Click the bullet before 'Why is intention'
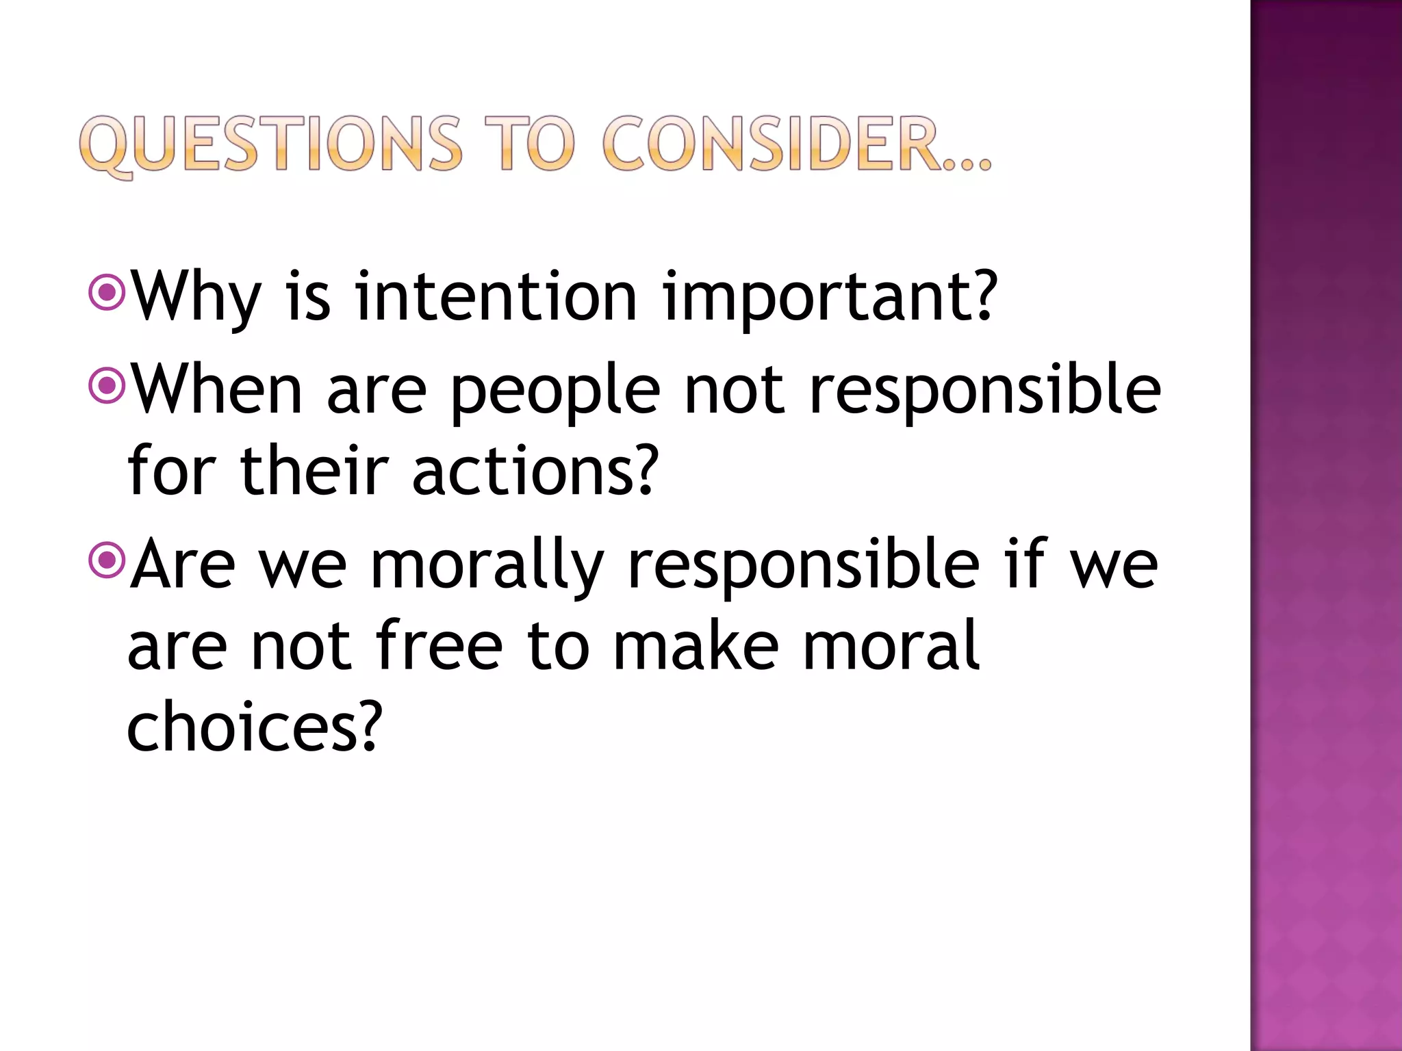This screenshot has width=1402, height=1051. click(107, 293)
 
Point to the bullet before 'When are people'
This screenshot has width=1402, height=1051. click(107, 387)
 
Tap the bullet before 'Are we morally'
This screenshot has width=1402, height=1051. click(107, 561)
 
